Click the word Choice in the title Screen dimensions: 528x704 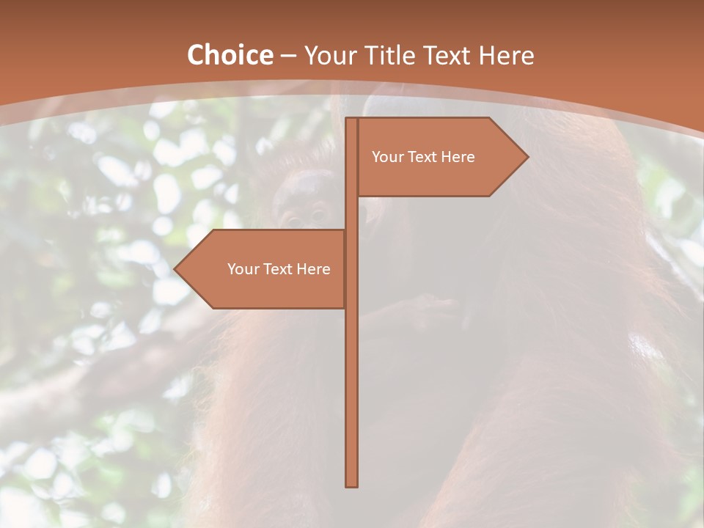(230, 56)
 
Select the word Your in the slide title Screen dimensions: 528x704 (331, 56)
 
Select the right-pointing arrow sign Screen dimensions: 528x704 (440, 156)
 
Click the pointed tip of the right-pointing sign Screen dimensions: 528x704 (526, 156)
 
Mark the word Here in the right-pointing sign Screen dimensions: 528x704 (458, 157)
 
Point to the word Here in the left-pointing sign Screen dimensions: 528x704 (313, 269)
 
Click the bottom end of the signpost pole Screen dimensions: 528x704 (352, 484)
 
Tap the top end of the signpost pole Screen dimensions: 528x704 (352, 120)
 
